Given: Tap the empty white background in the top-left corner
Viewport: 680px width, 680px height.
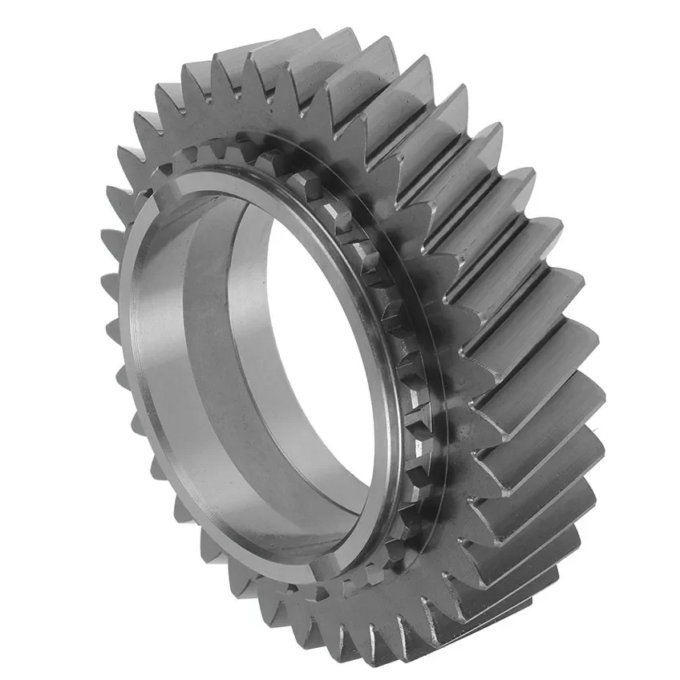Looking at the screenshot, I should point(32,32).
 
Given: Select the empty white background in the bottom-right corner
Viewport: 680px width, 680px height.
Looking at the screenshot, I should point(642,642).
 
